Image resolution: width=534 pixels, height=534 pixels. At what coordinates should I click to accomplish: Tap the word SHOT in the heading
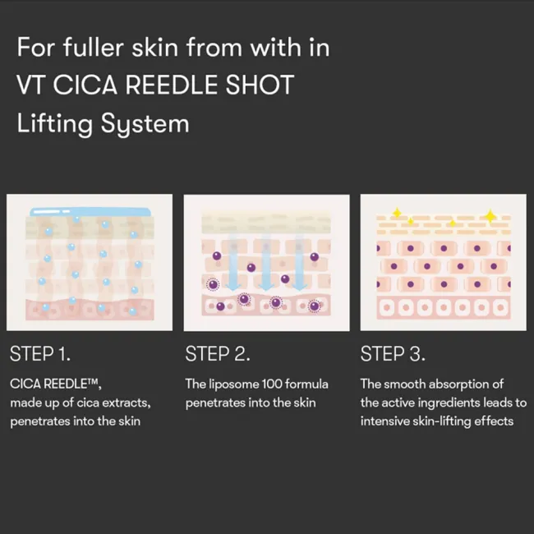click(260, 85)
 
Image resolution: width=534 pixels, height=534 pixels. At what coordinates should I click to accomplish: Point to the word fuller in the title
click(93, 47)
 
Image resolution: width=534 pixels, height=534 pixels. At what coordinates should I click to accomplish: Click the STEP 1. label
click(40, 353)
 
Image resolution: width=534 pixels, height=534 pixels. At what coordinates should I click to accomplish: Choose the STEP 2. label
click(218, 353)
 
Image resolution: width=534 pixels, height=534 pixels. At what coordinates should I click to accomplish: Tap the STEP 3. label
click(393, 353)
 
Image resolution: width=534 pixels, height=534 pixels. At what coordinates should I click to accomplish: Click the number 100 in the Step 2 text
click(272, 384)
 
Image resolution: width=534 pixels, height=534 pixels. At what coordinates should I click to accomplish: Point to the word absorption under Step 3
click(459, 384)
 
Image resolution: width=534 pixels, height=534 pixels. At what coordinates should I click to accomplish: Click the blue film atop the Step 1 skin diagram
click(90, 212)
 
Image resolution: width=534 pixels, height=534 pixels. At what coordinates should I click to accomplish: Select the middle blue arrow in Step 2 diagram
click(266, 263)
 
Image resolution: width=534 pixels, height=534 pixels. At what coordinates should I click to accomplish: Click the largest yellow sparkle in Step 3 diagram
click(490, 216)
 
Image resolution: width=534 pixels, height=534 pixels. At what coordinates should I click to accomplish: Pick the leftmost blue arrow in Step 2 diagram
click(234, 263)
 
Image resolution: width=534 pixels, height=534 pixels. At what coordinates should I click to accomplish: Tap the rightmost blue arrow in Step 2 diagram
click(299, 263)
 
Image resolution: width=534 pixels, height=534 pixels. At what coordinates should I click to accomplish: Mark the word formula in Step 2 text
click(306, 384)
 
